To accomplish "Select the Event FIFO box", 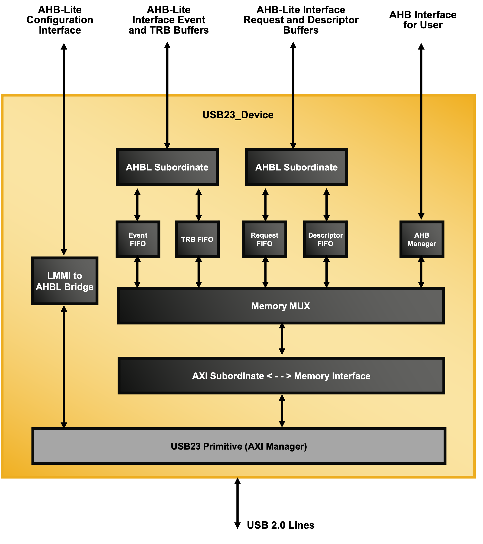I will [138, 239].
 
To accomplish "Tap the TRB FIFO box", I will [197, 239].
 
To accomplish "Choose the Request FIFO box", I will [264, 239].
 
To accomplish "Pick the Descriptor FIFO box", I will [325, 239].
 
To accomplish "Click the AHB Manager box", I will [422, 239].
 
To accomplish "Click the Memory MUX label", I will [281, 306].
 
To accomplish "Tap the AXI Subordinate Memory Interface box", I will [281, 376].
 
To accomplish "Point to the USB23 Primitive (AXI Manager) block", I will [239, 446].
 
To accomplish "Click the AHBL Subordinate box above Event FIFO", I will [167, 167].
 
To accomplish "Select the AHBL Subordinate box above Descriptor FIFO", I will [296, 167].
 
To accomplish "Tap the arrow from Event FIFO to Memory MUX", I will [137, 272].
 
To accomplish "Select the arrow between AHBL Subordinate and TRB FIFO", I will [199, 204].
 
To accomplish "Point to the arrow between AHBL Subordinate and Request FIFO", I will [265, 204].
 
